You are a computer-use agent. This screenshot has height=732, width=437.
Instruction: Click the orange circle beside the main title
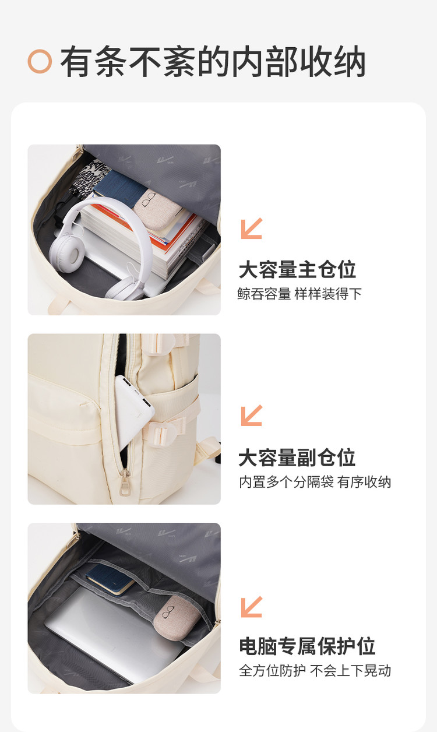pyautogui.click(x=40, y=61)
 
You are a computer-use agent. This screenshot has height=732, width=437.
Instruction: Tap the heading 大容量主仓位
pyautogui.click(x=297, y=270)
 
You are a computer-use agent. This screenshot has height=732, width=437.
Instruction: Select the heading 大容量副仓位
pyautogui.click(x=297, y=457)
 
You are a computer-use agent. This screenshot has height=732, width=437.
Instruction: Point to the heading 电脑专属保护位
pyautogui.click(x=307, y=646)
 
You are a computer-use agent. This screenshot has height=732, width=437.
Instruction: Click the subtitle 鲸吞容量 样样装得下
pyautogui.click(x=299, y=294)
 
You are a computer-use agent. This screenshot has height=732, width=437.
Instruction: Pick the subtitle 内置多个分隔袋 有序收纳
pyautogui.click(x=315, y=482)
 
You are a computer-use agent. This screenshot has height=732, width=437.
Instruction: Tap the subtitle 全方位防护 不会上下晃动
pyautogui.click(x=315, y=671)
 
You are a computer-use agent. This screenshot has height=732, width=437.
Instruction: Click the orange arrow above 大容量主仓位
pyautogui.click(x=252, y=228)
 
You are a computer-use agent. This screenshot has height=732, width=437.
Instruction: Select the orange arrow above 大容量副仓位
pyautogui.click(x=252, y=416)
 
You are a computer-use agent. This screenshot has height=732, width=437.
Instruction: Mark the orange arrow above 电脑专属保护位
pyautogui.click(x=252, y=607)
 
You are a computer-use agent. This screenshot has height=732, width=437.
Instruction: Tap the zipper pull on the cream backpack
pyautogui.click(x=125, y=483)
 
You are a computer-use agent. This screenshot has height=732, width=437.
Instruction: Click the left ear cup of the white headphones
pyautogui.click(x=66, y=254)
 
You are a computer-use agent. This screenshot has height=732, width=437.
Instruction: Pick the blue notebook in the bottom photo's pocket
pyautogui.click(x=110, y=578)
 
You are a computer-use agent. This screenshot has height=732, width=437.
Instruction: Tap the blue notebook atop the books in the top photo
pyautogui.click(x=120, y=188)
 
